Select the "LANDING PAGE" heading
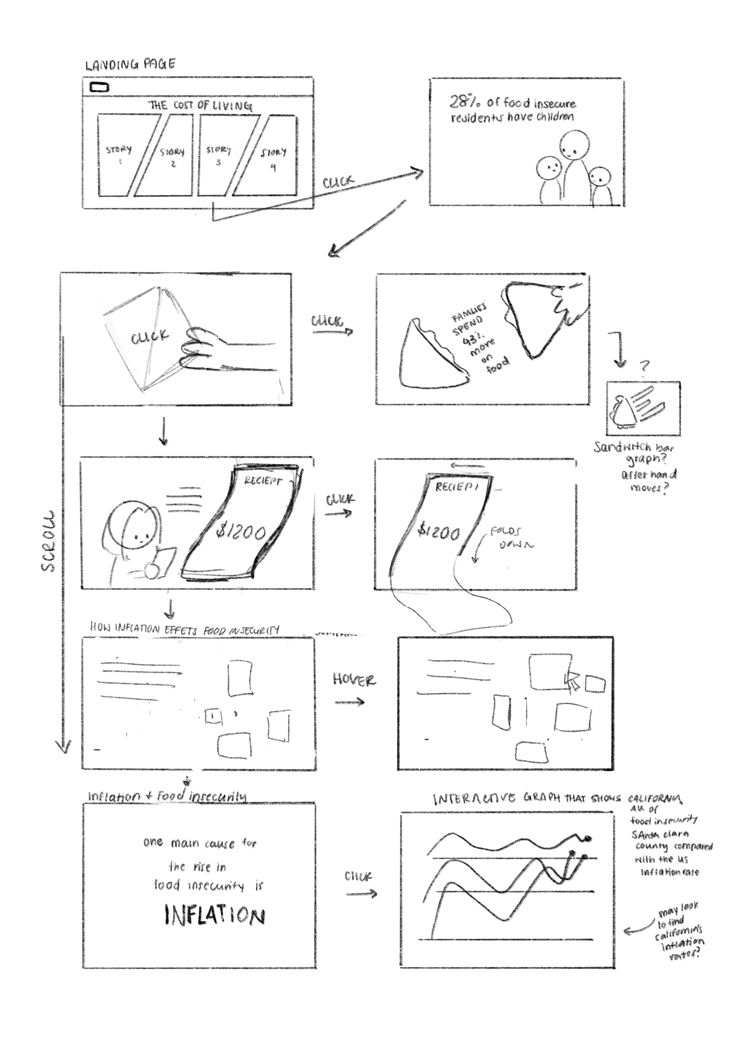pyautogui.click(x=130, y=65)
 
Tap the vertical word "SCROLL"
pyautogui.click(x=48, y=541)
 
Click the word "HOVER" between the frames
pyautogui.click(x=354, y=680)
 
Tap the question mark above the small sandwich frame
pyautogui.click(x=644, y=366)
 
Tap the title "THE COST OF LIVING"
pyautogui.click(x=200, y=105)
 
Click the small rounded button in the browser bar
pyautogui.click(x=99, y=87)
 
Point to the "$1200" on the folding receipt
pyautogui.click(x=439, y=532)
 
